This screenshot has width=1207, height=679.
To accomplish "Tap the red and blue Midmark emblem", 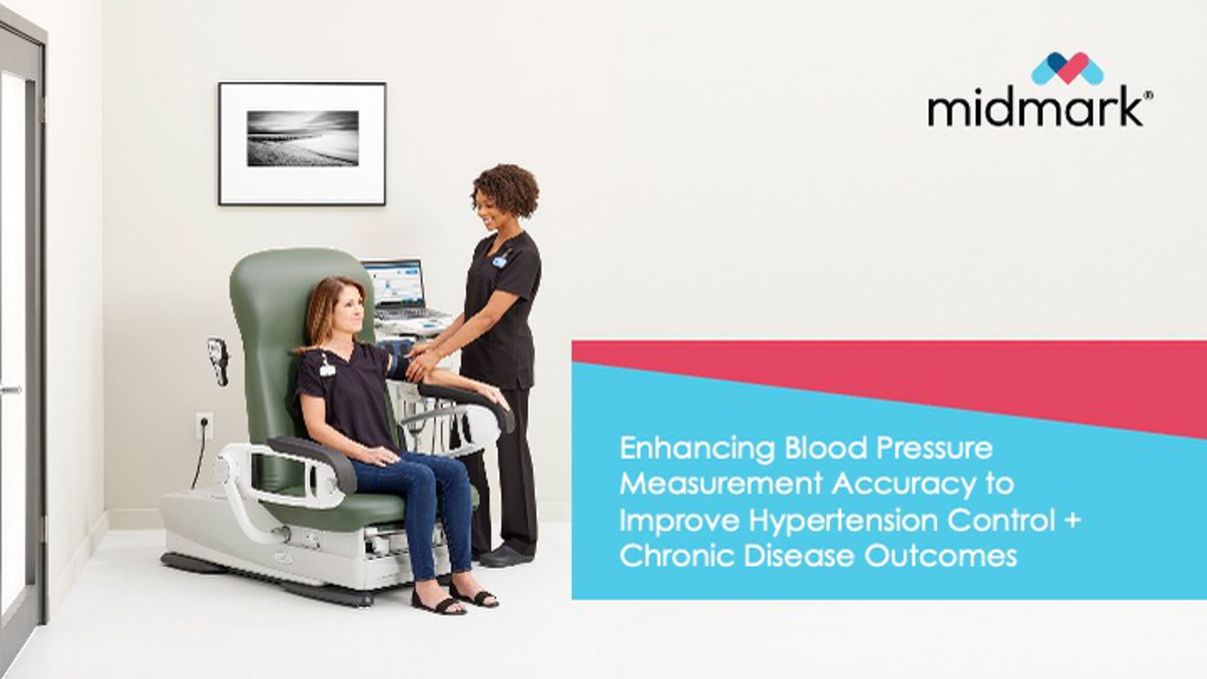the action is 1067,68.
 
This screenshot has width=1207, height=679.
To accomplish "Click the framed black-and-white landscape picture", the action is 302,144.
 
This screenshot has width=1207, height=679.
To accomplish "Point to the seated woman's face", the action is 350,312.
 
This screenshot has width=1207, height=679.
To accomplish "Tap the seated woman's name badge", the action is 327,369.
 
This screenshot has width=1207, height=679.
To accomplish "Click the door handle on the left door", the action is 11,389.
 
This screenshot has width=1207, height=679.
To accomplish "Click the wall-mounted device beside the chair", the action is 218,360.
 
